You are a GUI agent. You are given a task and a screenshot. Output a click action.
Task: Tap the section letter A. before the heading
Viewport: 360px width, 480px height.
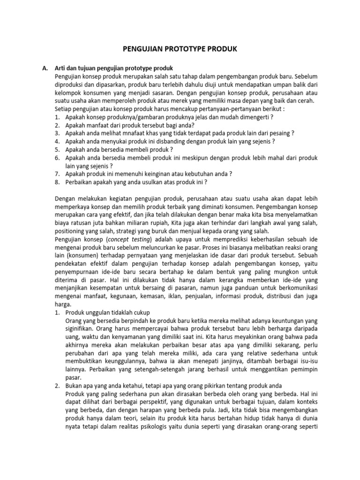[x=45, y=68]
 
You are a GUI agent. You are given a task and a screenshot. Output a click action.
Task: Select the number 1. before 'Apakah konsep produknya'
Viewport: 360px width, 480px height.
[x=57, y=116]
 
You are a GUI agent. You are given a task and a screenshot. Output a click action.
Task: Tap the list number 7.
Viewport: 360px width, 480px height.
[x=57, y=174]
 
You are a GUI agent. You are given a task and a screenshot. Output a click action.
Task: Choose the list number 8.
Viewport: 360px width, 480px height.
[x=57, y=182]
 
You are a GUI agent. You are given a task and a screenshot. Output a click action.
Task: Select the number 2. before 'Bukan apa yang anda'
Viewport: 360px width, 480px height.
[x=57, y=386]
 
